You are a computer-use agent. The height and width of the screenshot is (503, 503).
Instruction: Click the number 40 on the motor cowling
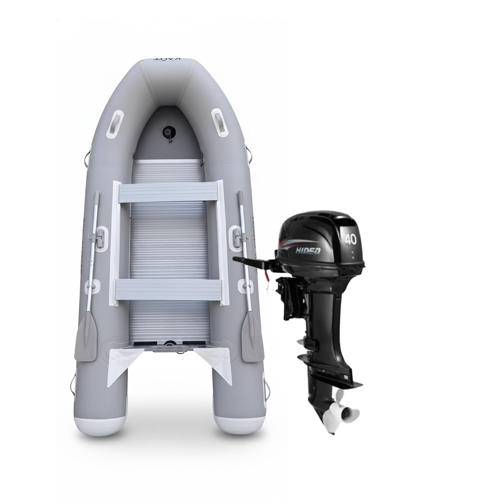click(x=350, y=239)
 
